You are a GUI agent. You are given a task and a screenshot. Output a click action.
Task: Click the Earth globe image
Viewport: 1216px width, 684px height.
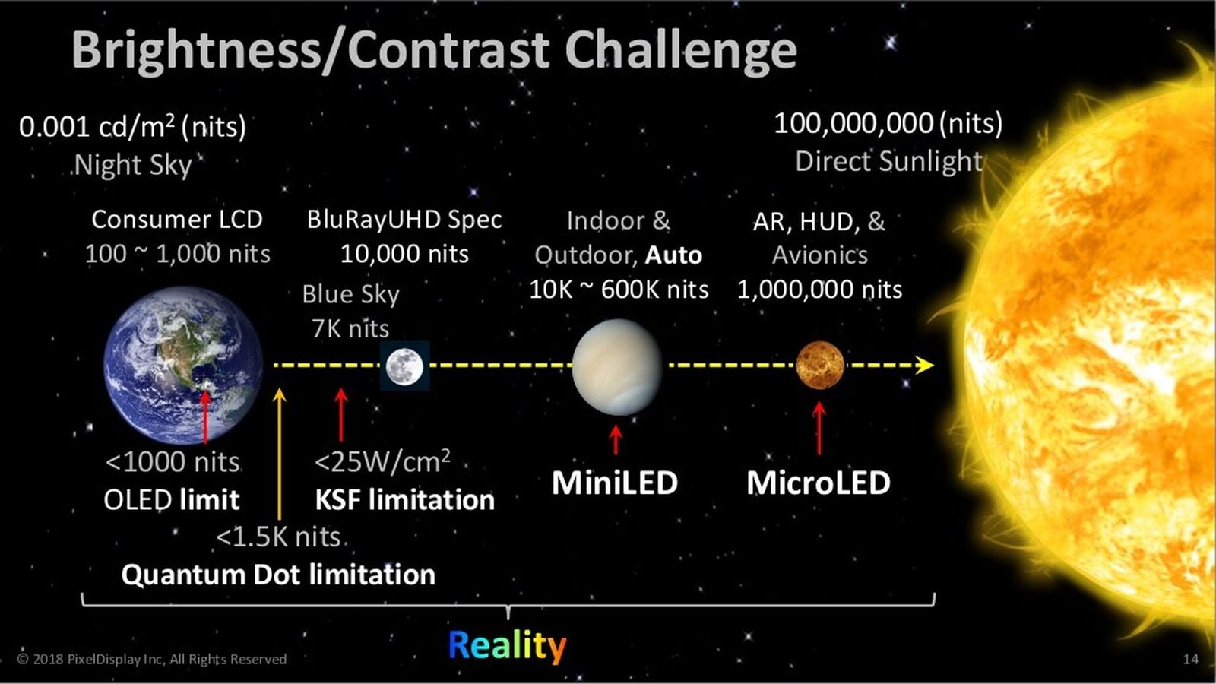(182, 365)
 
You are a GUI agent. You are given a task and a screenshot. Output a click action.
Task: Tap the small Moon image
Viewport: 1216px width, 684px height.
(404, 366)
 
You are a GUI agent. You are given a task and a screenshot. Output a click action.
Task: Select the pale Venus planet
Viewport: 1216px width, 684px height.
(616, 367)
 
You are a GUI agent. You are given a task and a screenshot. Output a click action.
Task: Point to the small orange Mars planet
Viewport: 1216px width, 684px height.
(819, 365)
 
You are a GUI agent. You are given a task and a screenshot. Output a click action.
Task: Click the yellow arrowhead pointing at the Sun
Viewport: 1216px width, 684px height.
(925, 365)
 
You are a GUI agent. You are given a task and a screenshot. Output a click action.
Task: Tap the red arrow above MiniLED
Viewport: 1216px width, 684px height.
(616, 439)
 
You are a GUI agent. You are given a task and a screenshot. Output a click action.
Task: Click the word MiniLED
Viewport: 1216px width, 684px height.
(614, 483)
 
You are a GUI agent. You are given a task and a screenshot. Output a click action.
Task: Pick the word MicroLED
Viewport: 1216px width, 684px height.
(818, 483)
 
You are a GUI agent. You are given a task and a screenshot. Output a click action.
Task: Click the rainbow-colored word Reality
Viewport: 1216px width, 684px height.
(507, 646)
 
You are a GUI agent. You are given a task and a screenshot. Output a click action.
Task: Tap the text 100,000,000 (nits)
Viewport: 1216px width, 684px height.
(888, 123)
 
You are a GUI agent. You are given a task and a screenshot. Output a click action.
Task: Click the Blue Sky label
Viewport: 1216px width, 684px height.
(350, 294)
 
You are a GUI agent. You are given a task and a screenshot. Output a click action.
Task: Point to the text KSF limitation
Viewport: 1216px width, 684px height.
(404, 500)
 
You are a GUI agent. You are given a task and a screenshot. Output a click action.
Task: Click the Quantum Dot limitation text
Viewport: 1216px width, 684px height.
(278, 575)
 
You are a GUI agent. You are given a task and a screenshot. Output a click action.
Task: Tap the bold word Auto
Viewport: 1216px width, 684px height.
(673, 255)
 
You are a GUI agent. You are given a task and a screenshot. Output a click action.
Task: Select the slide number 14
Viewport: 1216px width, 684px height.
(1190, 659)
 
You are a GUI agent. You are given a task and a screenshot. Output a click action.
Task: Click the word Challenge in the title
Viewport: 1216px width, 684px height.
(680, 50)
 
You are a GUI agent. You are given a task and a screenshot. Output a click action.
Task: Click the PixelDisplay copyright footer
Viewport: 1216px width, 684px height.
(152, 659)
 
